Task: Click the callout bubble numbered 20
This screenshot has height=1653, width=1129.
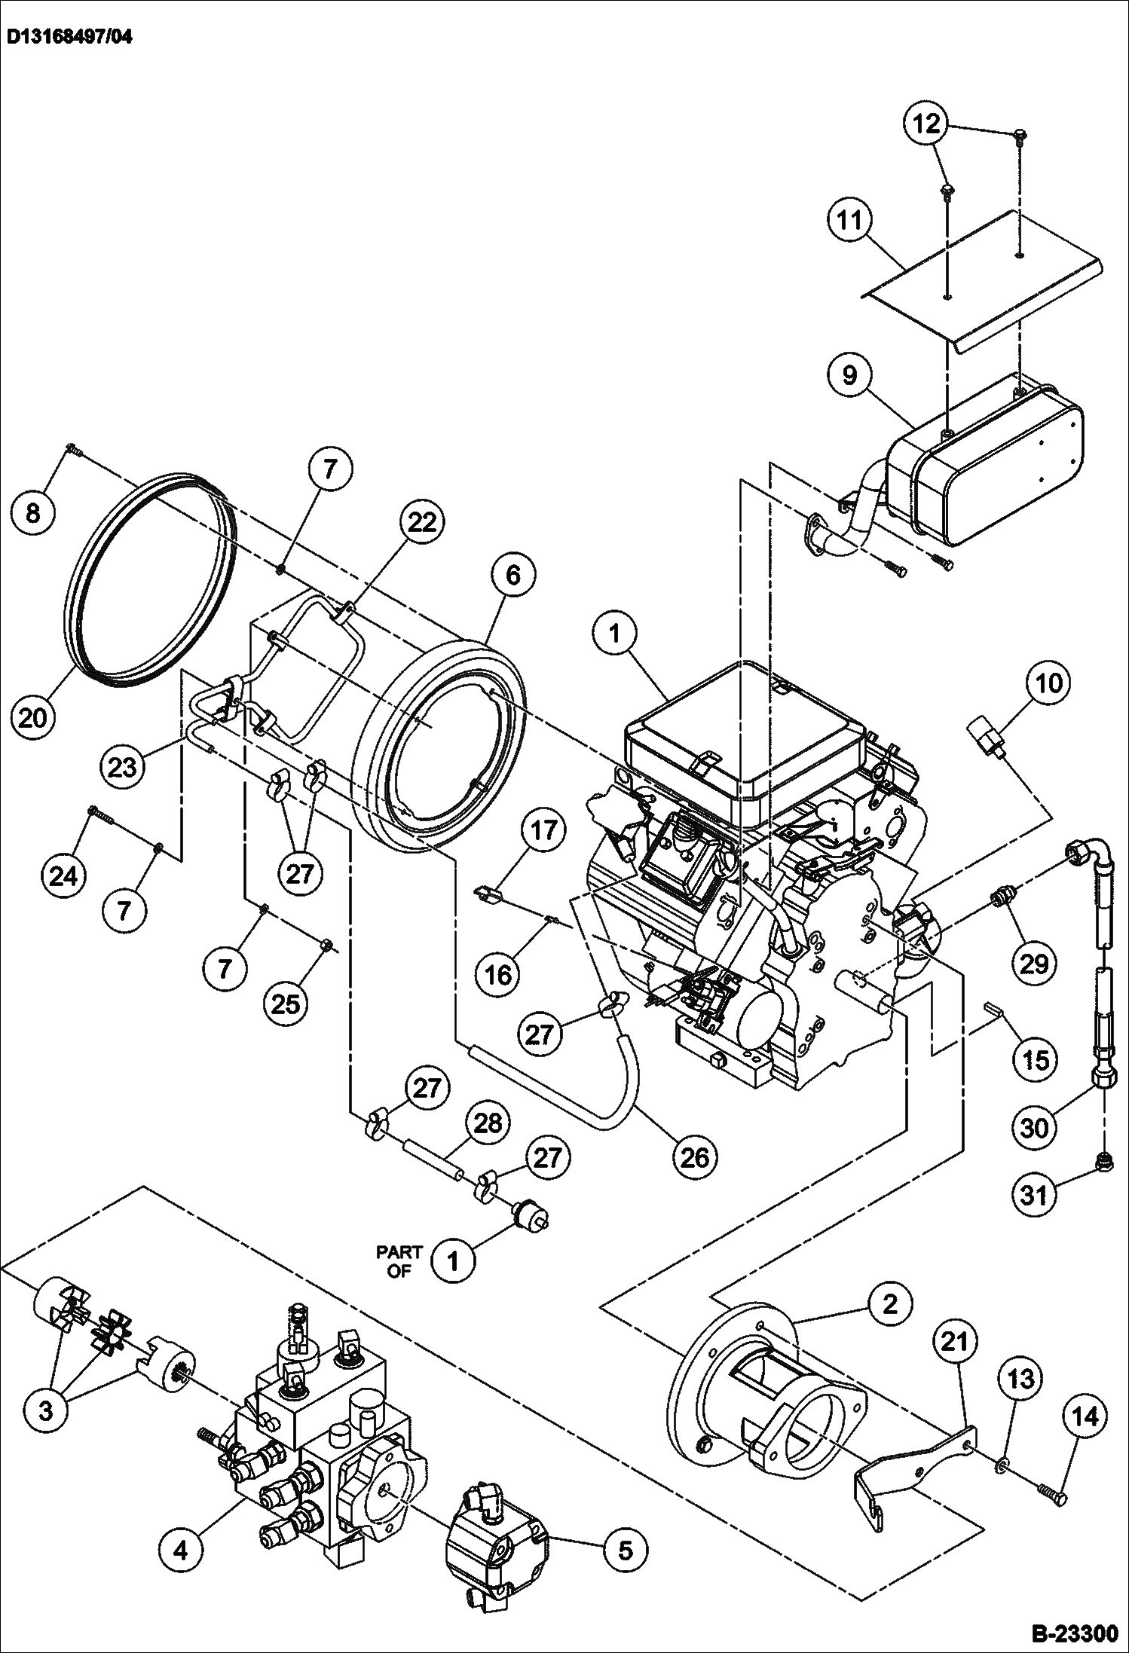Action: tap(34, 716)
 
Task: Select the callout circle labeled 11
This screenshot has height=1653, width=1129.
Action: tap(849, 222)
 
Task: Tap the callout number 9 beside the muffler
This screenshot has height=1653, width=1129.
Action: tap(849, 374)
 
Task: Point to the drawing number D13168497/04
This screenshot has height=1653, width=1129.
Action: tap(69, 36)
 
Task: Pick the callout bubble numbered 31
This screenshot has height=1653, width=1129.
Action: tap(1034, 1194)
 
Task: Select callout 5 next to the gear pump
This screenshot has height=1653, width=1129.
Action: tap(625, 1550)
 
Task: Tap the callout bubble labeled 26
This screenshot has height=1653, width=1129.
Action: tap(694, 1156)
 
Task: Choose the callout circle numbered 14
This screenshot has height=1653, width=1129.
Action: tap(1085, 1416)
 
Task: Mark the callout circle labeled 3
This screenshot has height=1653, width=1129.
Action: tap(46, 1409)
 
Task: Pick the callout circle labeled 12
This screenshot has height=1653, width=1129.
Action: tap(927, 124)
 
